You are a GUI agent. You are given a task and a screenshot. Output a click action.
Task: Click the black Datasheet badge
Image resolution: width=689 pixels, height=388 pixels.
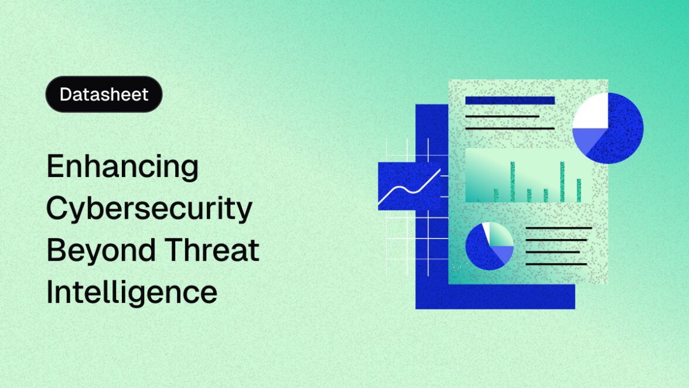(104, 94)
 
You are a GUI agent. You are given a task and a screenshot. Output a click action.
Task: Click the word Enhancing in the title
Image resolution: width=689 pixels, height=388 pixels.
(122, 167)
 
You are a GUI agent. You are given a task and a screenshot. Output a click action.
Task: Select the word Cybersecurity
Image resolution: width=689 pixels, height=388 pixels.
(149, 209)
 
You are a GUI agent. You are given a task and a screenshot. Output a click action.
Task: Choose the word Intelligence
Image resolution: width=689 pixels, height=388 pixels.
(132, 292)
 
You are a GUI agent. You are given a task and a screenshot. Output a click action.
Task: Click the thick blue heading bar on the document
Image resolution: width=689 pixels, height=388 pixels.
(510, 100)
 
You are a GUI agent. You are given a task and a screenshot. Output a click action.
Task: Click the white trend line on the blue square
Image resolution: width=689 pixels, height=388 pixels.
(410, 188)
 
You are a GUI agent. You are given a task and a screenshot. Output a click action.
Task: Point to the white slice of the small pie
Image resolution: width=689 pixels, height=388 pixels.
(486, 229)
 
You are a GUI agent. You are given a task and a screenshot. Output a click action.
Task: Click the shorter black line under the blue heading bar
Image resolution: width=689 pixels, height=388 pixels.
(502, 116)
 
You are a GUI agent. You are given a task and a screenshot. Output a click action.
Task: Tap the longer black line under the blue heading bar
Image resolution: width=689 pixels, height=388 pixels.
(510, 128)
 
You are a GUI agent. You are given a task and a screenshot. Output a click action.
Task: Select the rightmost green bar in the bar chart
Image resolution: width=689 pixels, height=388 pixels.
(579, 190)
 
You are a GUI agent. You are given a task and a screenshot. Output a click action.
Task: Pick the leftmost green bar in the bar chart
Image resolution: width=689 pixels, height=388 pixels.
(496, 195)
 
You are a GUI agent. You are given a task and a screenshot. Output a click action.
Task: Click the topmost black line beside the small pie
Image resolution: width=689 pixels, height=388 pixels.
(558, 228)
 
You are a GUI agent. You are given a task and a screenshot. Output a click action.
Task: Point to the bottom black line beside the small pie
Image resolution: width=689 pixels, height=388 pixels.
(556, 264)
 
